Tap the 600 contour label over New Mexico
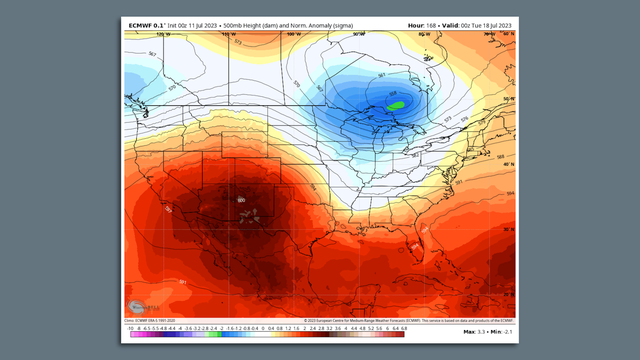[x=240, y=200]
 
